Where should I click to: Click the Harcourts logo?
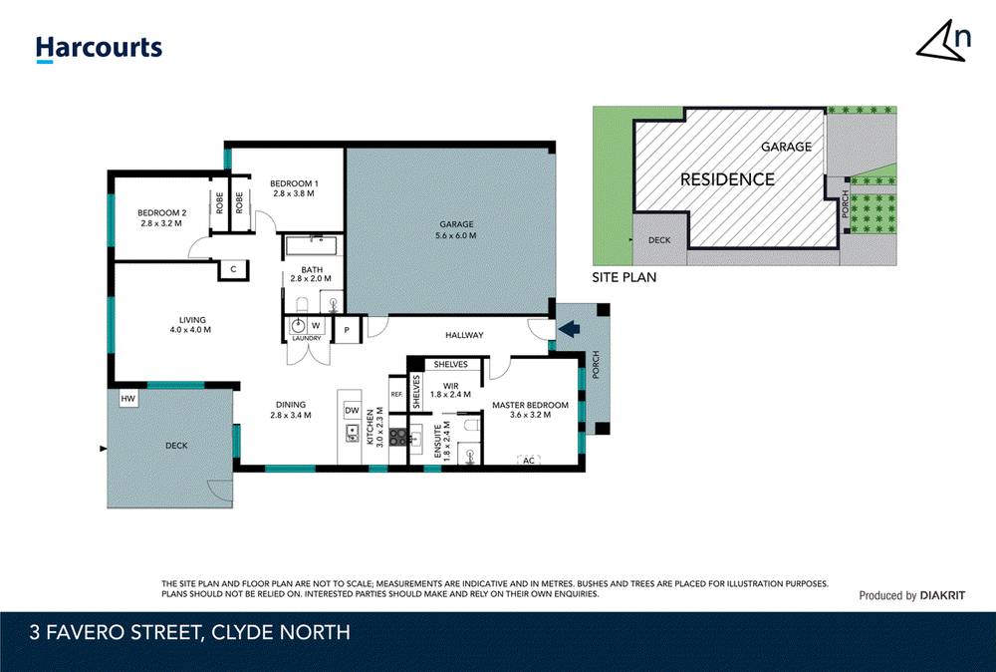point(98,48)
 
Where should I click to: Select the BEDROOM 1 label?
point(294,183)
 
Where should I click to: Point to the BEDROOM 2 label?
point(161,212)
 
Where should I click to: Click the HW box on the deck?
point(127,399)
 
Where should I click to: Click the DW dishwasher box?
point(352,410)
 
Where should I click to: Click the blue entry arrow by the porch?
point(570,328)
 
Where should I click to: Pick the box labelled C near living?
point(232,268)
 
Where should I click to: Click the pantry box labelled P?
point(347,329)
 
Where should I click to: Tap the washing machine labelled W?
point(315,325)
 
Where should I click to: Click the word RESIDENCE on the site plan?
point(727,179)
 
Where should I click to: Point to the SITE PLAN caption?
point(624,277)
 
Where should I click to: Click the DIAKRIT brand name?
point(942,595)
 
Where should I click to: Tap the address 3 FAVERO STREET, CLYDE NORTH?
point(189,632)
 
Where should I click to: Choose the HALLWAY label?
point(463,335)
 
